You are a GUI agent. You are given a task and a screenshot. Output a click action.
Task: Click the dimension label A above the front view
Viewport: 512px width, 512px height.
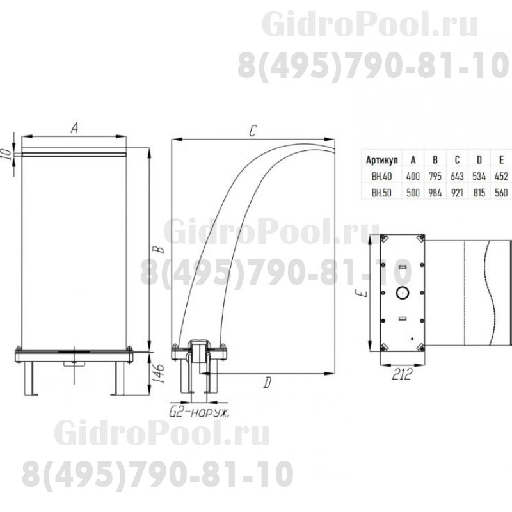click(74, 127)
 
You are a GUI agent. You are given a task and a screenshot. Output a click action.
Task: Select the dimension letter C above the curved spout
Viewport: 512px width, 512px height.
click(253, 131)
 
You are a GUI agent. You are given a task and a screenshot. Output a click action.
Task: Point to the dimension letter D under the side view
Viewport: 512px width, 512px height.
click(268, 382)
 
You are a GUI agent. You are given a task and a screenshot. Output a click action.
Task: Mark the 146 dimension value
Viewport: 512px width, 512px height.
click(159, 374)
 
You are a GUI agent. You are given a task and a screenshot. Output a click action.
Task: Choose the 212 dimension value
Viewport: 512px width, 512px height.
click(402, 374)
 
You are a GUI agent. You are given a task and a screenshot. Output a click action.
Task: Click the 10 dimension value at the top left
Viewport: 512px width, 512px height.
click(6, 154)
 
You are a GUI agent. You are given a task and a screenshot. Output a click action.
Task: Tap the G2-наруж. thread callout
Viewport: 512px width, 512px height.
click(199, 413)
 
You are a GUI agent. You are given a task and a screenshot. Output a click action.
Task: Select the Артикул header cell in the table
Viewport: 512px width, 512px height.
click(381, 160)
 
